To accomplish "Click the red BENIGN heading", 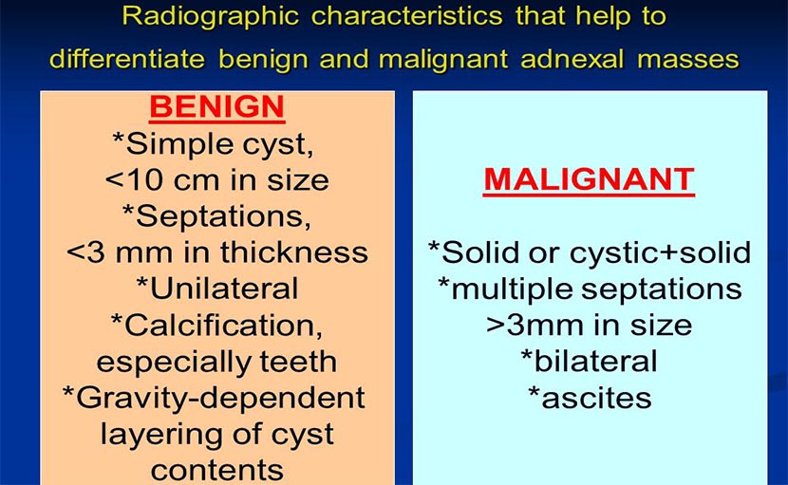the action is pyautogui.click(x=217, y=106).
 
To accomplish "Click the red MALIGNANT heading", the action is pyautogui.click(x=589, y=179).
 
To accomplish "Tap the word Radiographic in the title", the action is pyautogui.click(x=211, y=16).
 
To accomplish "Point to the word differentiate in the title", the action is pyautogui.click(x=127, y=59).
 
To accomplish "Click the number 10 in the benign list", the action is pyautogui.click(x=142, y=180).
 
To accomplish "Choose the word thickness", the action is pyautogui.click(x=294, y=252).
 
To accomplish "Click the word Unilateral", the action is pyautogui.click(x=224, y=289).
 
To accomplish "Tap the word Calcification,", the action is pyautogui.click(x=223, y=326).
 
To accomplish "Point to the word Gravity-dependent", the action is pyautogui.click(x=220, y=399).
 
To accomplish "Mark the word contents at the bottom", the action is pyautogui.click(x=217, y=471).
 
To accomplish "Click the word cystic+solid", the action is pyautogui.click(x=660, y=252).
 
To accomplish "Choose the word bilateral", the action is pyautogui.click(x=595, y=362).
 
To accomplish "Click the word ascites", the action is pyautogui.click(x=596, y=399).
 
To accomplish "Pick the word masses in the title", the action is pyautogui.click(x=688, y=60).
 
